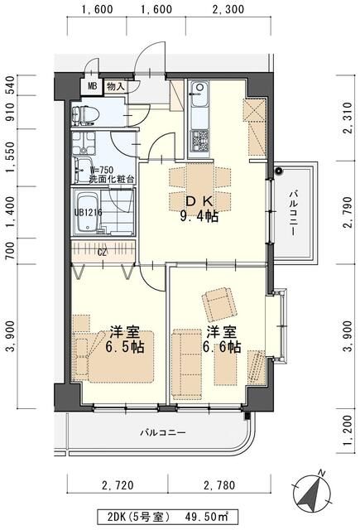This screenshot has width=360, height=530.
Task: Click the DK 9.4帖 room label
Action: [x=199, y=209]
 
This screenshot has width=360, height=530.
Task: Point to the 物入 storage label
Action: [x=115, y=86]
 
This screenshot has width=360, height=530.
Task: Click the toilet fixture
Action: [x=87, y=114]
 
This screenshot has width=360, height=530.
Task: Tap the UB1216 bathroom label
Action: [x=89, y=211]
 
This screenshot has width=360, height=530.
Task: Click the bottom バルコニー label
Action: [x=162, y=433]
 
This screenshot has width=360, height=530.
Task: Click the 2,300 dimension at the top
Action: [x=228, y=11]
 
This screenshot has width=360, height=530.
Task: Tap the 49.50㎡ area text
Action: [x=206, y=516]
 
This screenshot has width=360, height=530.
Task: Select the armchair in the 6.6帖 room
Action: [x=218, y=305]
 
